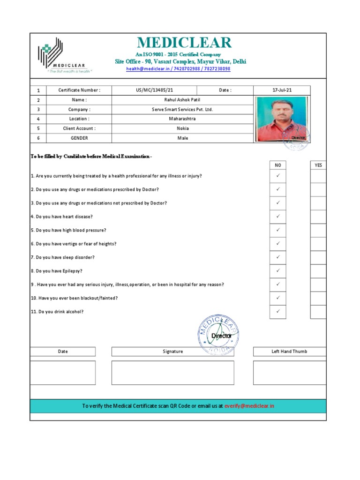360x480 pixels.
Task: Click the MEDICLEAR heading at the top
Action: tap(184, 43)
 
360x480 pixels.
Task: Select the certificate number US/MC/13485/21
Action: tap(154, 90)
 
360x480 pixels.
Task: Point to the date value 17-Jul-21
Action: tap(281, 90)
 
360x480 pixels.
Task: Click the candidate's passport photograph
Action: tap(281, 119)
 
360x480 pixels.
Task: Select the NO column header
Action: tap(277, 165)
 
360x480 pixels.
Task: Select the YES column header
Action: tap(318, 165)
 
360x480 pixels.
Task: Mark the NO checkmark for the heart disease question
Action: tap(277, 217)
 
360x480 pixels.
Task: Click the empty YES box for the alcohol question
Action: tap(318, 312)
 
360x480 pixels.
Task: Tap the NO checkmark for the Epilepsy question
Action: tap(277, 271)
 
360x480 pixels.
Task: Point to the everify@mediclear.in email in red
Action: tap(249, 406)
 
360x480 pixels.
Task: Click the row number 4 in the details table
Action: tap(38, 119)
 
